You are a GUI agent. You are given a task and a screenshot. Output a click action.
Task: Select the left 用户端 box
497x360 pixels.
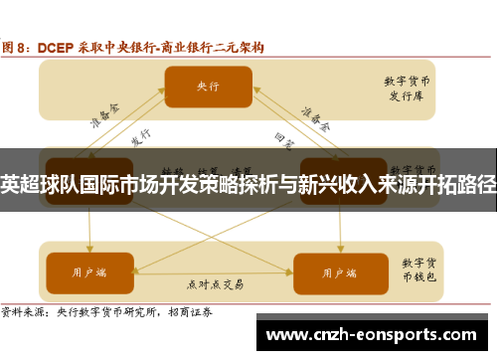pos(89,269)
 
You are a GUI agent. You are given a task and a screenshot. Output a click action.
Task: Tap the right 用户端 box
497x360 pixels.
pos(329,269)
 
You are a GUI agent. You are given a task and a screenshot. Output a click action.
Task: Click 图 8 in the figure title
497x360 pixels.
pos(17,47)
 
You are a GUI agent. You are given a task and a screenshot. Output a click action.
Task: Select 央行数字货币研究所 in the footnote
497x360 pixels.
pos(113,311)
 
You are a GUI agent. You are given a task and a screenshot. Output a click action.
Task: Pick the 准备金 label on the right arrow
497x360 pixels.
pos(316,118)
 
